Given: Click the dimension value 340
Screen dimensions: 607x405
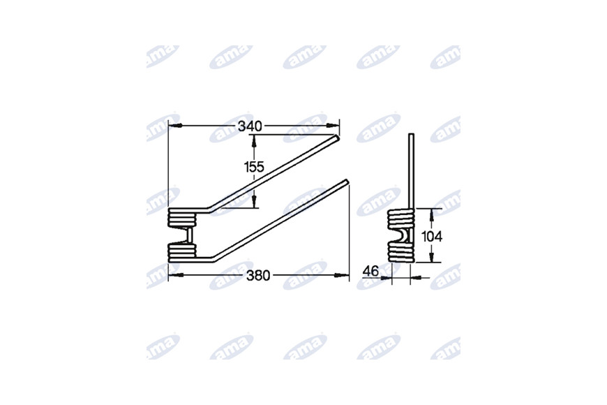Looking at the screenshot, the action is pos(250,126).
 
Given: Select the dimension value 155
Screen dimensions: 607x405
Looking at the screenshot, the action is pos(254,167).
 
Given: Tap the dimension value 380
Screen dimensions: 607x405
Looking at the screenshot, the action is pos(258,276).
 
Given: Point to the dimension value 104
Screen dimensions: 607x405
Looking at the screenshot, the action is pos(432,236).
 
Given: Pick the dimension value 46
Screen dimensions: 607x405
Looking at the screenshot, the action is pos(370,272).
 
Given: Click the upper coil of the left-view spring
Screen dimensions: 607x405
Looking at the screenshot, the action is pos(182,217).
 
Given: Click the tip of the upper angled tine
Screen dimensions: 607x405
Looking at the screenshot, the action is pos(337,137).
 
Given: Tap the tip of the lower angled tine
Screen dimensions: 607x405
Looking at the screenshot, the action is pos(347,182).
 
